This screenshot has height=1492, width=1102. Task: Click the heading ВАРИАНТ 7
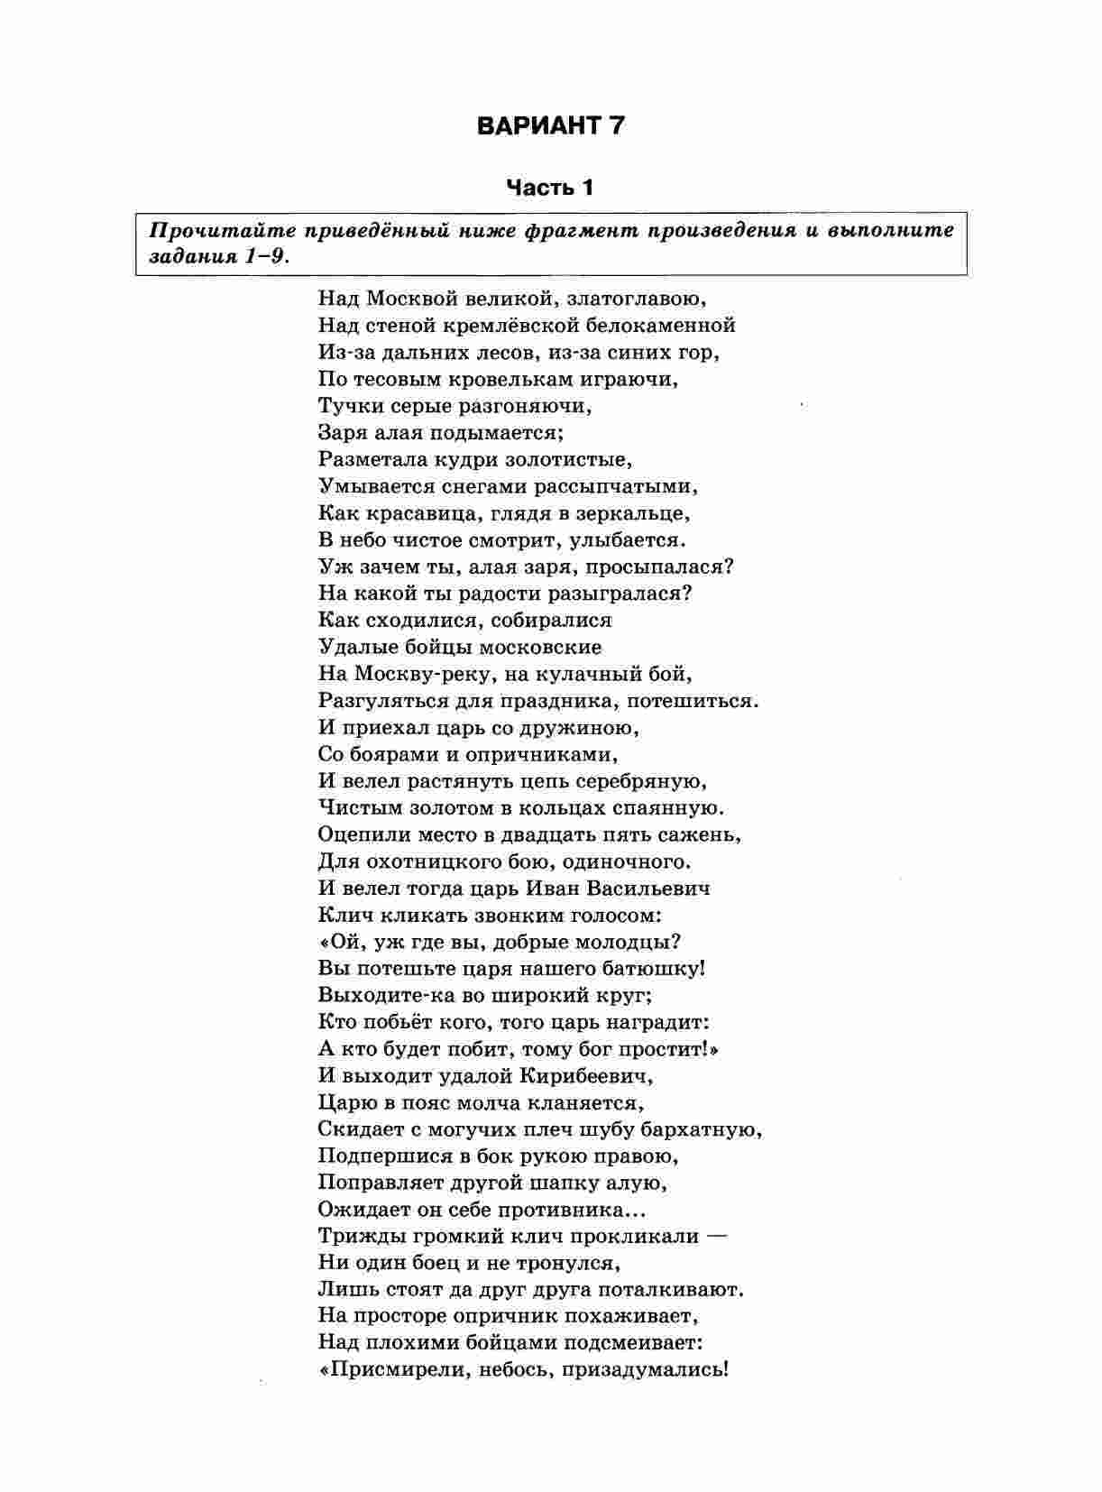coord(550,125)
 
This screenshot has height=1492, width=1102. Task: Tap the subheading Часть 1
coord(550,188)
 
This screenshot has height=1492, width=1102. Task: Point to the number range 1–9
coord(267,255)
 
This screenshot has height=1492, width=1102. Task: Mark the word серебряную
coord(638,781)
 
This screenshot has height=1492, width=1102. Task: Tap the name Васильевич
coord(647,889)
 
